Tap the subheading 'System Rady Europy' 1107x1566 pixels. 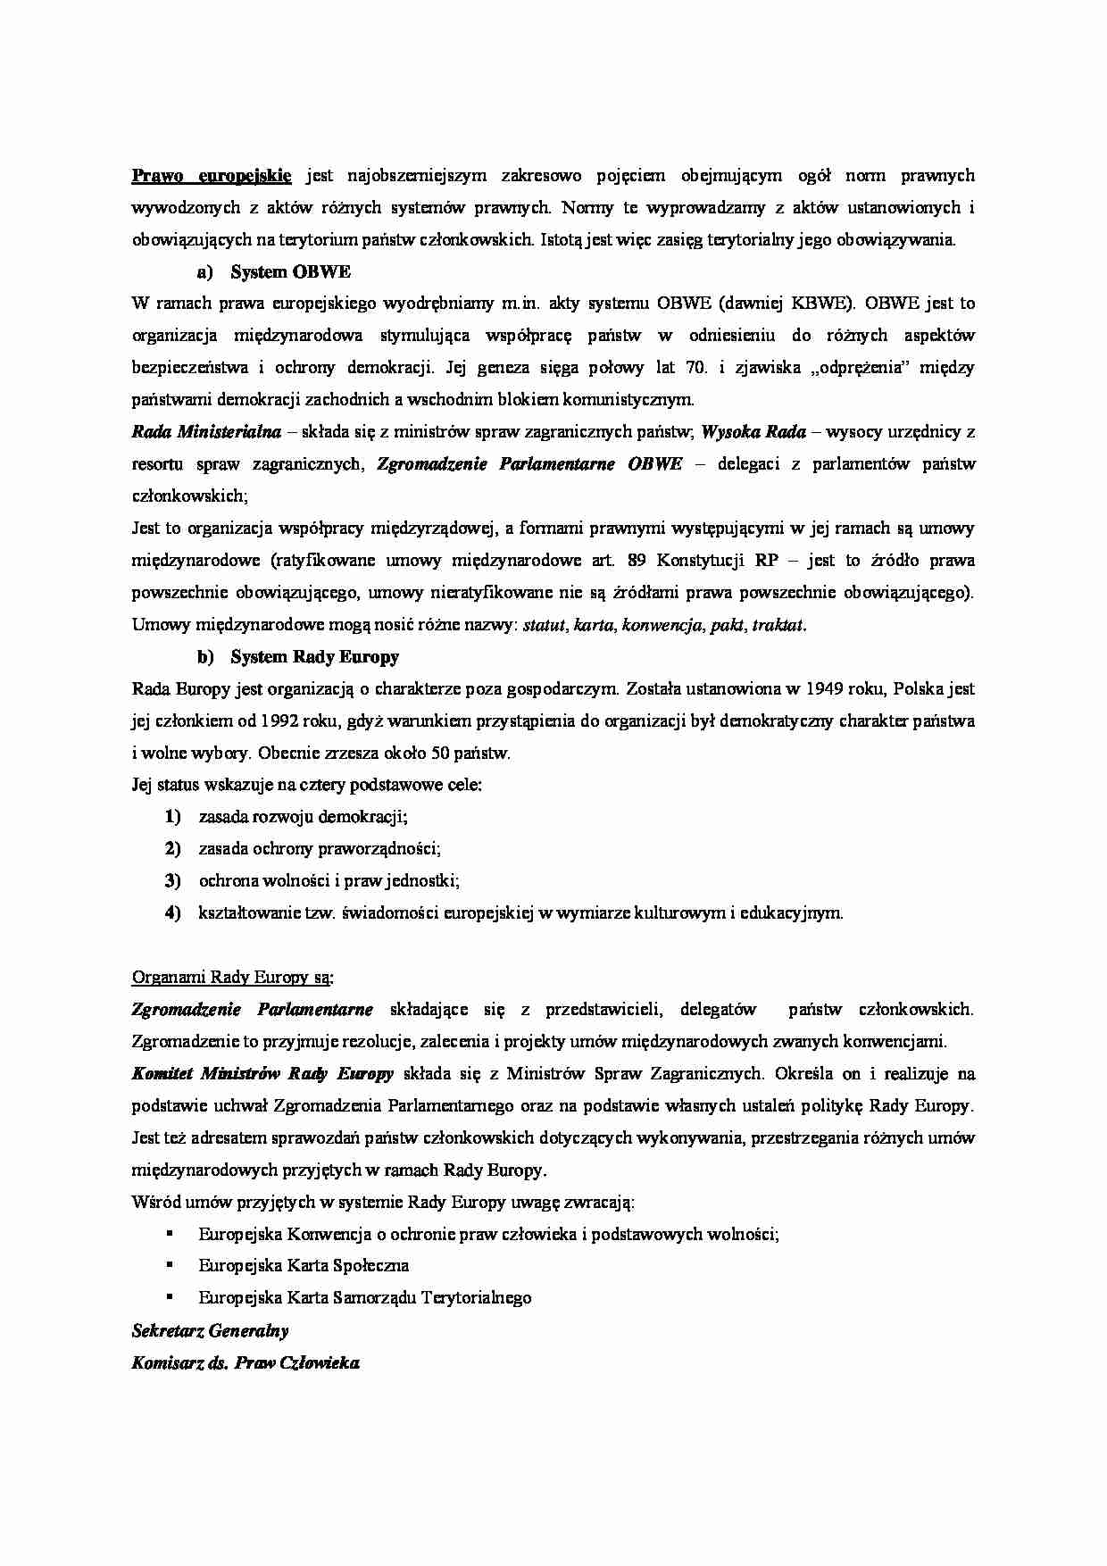(314, 657)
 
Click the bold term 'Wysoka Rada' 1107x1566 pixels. (753, 432)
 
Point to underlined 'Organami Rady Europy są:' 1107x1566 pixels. (232, 977)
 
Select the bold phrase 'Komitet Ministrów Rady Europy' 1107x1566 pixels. (262, 1074)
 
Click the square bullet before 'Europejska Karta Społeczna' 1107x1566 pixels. (168, 1265)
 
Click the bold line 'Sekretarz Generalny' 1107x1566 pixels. (210, 1331)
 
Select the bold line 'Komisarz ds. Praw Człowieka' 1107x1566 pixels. (246, 1363)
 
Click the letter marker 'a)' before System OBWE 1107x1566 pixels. (205, 271)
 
